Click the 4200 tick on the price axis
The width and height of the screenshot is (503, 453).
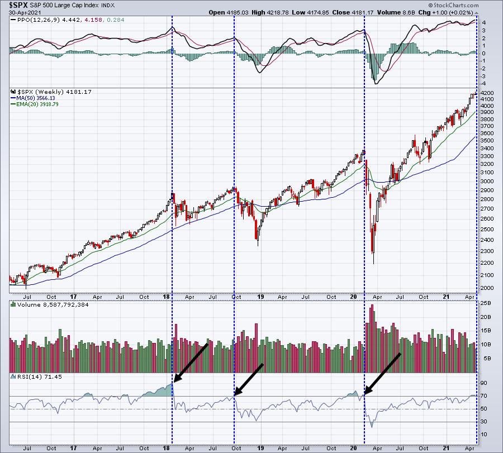[487, 92]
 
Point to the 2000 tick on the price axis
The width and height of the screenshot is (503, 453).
[487, 288]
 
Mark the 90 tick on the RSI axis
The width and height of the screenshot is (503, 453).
[485, 384]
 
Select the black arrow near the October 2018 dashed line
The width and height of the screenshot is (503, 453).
[249, 380]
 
